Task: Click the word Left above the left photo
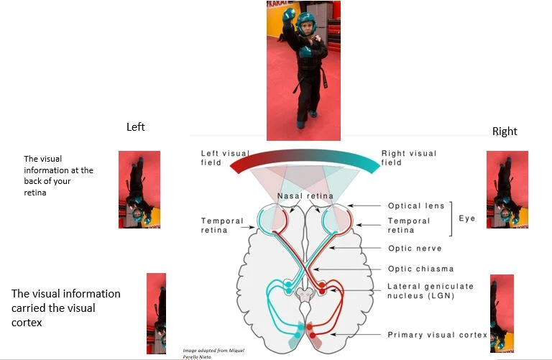click(x=136, y=127)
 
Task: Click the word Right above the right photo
click(x=505, y=131)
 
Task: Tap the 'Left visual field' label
click(x=226, y=157)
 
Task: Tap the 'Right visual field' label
click(x=408, y=157)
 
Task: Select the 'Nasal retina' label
click(x=304, y=196)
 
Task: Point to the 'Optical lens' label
click(x=416, y=206)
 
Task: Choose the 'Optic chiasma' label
click(x=420, y=269)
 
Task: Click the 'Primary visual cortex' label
click(x=437, y=335)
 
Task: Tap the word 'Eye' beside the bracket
click(x=467, y=218)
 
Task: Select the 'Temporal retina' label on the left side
click(x=223, y=226)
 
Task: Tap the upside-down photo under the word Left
click(x=139, y=190)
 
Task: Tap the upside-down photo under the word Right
click(x=507, y=190)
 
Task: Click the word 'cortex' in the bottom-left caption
click(x=27, y=323)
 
